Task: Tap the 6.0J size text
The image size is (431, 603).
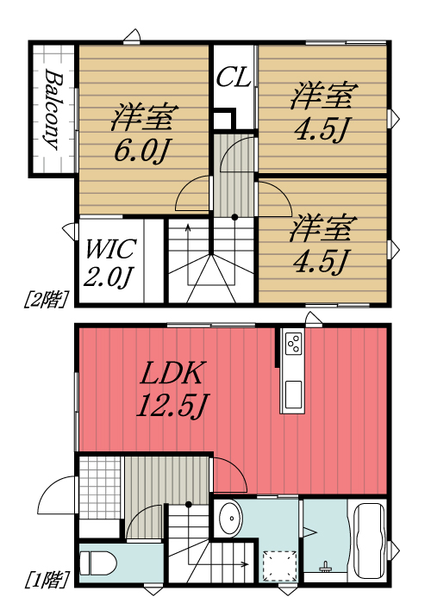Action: pyautogui.click(x=144, y=152)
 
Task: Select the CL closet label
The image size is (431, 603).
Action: pyautogui.click(x=233, y=78)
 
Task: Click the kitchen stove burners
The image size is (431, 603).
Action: pyautogui.click(x=293, y=345)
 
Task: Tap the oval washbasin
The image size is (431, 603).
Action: pyautogui.click(x=230, y=521)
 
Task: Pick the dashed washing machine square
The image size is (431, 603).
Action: pyautogui.click(x=277, y=564)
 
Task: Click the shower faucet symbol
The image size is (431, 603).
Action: pyautogui.click(x=325, y=566)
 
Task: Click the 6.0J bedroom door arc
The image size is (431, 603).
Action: pyautogui.click(x=193, y=196)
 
